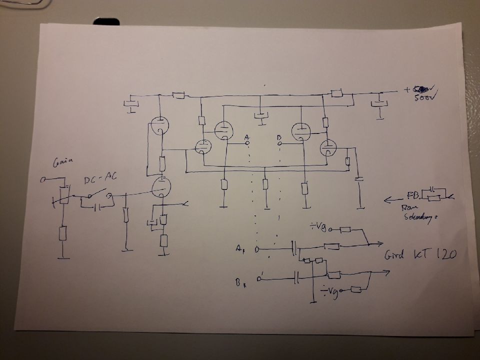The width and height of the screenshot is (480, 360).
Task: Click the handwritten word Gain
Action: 64,161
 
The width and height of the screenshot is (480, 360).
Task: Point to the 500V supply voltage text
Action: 425,98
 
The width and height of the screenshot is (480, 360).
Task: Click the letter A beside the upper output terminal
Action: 246,137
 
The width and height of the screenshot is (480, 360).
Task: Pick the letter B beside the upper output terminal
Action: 278,136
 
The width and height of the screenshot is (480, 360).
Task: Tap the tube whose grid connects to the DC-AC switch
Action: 161,187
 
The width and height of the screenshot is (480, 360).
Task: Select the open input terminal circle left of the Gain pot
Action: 43,179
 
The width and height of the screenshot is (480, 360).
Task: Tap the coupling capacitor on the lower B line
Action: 297,277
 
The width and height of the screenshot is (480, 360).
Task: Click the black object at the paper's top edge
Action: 106,21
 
